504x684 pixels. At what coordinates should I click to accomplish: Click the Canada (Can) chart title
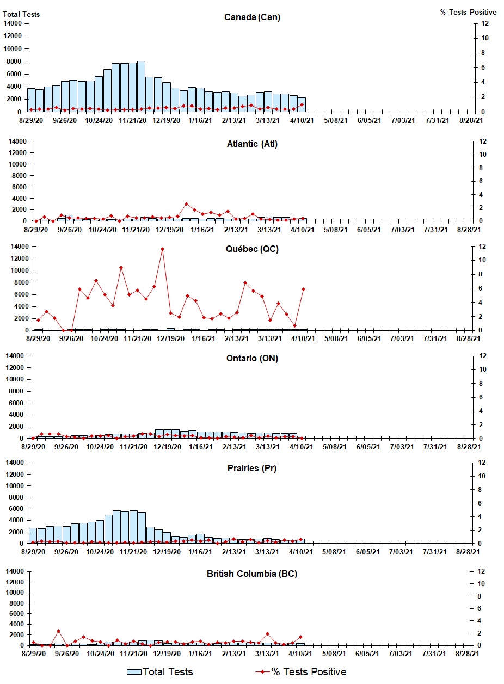[252, 17]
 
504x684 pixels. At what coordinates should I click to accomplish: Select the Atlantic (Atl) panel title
[252, 144]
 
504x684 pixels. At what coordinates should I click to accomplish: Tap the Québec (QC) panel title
[252, 249]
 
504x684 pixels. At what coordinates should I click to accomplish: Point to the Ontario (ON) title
[252, 359]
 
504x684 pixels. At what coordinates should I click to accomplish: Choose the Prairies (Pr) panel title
[252, 469]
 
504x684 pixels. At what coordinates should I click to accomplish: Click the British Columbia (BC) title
[252, 574]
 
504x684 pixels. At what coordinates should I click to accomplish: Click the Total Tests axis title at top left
[22, 14]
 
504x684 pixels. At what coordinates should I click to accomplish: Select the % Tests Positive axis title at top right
[468, 12]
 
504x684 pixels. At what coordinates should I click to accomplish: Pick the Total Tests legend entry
[160, 672]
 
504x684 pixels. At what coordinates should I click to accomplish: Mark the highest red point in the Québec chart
[162, 249]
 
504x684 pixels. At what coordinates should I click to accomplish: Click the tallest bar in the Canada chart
[141, 86]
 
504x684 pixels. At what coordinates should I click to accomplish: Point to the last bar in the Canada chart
[302, 104]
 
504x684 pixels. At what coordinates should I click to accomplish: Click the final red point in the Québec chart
[303, 289]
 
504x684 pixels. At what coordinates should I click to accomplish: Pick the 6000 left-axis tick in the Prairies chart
[14, 509]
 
